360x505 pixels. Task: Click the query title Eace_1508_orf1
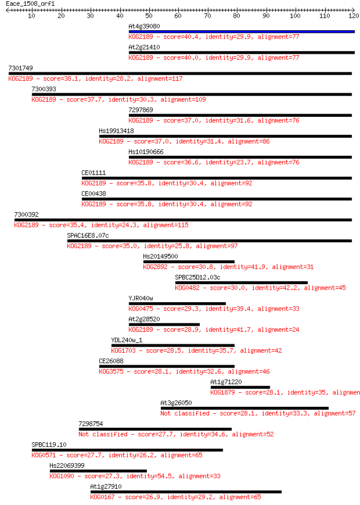pyautogui.click(x=30, y=4)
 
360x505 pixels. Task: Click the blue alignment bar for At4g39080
pyautogui.click(x=242, y=31)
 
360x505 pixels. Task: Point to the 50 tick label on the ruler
pyautogui.click(x=149, y=16)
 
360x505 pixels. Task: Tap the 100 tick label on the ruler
pyautogui.click(x=295, y=16)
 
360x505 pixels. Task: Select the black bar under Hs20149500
pyautogui.click(x=189, y=262)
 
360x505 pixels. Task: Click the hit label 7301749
pyautogui.click(x=20, y=68)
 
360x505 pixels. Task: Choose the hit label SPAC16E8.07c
pyautogui.click(x=88, y=235)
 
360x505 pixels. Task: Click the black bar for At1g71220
pyautogui.click(x=240, y=388)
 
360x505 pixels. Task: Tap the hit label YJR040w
pyautogui.click(x=141, y=298)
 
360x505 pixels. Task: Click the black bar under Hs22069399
pyautogui.click(x=98, y=471)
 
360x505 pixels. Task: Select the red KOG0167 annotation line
pyautogui.click(x=176, y=497)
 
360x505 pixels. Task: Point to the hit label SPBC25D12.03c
pyautogui.click(x=197, y=277)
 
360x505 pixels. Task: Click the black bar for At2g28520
pyautogui.click(x=164, y=325)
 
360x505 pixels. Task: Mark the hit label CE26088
pyautogui.click(x=111, y=361)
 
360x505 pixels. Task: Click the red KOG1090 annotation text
pyautogui.click(x=135, y=476)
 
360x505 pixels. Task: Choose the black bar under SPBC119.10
pyautogui.click(x=127, y=450)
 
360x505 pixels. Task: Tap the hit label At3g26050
pyautogui.click(x=176, y=403)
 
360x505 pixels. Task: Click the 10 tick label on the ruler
pyautogui.click(x=31, y=16)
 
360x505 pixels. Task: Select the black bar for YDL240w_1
pyautogui.click(x=173, y=346)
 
